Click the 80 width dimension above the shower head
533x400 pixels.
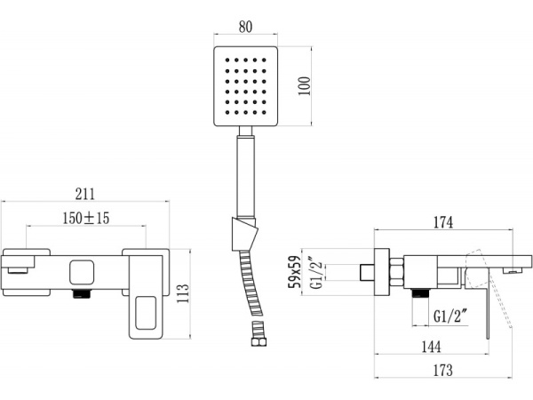coord(245,28)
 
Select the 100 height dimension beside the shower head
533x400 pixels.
coord(305,86)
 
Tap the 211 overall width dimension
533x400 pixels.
coord(85,194)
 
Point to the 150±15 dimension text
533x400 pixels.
coord(86,218)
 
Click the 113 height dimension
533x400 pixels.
coord(182,294)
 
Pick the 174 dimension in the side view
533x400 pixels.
coord(443,222)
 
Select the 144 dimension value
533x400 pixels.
coord(432,347)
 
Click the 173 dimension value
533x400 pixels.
coord(443,371)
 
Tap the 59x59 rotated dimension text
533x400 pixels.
coord(295,272)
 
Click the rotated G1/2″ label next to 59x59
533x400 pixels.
coord(317,273)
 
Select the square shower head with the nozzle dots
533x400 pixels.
coord(245,86)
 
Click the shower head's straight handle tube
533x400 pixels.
coord(246,175)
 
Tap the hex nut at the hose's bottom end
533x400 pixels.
coord(259,341)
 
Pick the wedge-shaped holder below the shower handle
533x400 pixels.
coord(244,235)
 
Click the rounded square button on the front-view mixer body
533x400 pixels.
coord(82,273)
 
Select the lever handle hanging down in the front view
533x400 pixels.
coord(146,297)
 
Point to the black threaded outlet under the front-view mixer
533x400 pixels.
coord(83,293)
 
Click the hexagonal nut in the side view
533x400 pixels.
coord(396,272)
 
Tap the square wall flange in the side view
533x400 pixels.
coord(382,272)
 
